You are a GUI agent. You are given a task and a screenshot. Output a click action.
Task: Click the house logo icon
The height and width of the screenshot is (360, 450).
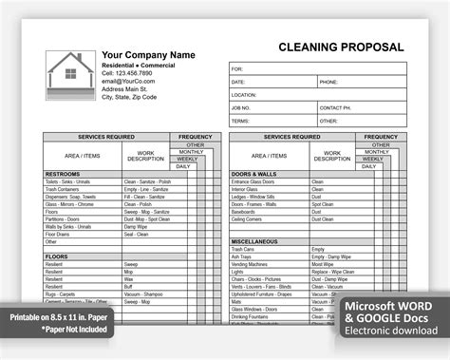(x=71, y=76)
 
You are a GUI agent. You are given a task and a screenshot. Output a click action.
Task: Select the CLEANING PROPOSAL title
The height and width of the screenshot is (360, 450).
(x=341, y=47)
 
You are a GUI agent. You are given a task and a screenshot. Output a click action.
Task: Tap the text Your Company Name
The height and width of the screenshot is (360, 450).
(x=148, y=55)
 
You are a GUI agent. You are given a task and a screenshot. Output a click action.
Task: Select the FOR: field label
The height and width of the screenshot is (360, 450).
(x=237, y=69)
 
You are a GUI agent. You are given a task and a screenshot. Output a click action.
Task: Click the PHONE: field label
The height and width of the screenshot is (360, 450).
(x=329, y=83)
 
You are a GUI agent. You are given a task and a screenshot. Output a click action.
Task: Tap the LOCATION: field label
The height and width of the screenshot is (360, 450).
(x=244, y=95)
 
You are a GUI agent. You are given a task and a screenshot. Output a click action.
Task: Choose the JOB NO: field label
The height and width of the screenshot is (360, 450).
(x=241, y=108)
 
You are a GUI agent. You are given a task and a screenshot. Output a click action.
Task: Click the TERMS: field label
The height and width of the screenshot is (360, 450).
(x=240, y=121)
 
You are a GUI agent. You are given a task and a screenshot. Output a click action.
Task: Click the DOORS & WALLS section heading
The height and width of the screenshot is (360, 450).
(x=253, y=174)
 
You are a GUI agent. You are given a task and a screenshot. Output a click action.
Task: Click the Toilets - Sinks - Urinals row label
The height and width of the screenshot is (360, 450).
(x=68, y=181)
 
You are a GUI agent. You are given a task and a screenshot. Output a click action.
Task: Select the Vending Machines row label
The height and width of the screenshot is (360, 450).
(x=252, y=264)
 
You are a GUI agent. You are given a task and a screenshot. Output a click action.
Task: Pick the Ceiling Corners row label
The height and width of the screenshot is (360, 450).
(x=249, y=219)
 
